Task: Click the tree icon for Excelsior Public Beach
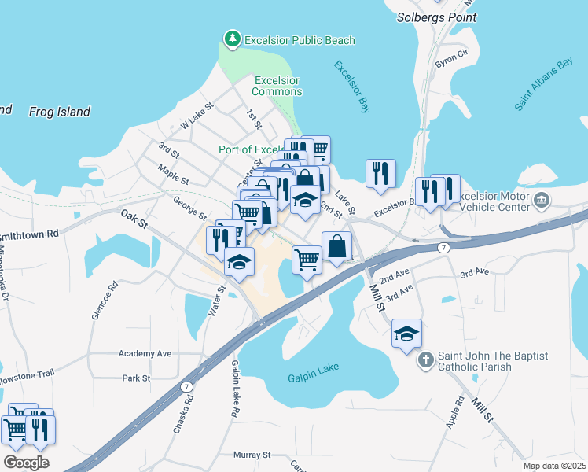click(x=233, y=39)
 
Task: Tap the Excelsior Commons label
click(x=277, y=86)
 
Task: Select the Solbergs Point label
click(x=436, y=16)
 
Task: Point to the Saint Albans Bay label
click(x=545, y=83)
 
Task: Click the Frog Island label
click(x=60, y=112)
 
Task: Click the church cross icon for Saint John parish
click(x=425, y=361)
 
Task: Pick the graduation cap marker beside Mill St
click(x=406, y=334)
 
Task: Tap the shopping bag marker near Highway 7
click(x=336, y=245)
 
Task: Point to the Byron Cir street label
click(x=451, y=59)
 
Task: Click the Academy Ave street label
click(x=145, y=354)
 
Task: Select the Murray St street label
click(x=252, y=455)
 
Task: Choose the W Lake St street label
click(x=197, y=116)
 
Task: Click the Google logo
click(x=26, y=463)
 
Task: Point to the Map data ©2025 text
click(x=553, y=466)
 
